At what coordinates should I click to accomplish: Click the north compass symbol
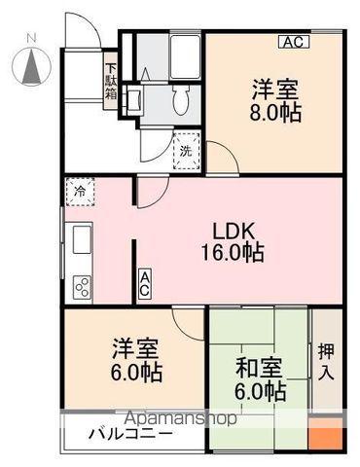click(x=31, y=66)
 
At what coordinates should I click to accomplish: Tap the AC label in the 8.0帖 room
click(x=295, y=42)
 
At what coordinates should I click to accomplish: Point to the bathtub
click(x=185, y=56)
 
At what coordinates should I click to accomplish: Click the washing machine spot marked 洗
click(x=186, y=151)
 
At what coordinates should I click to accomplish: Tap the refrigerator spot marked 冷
click(x=80, y=192)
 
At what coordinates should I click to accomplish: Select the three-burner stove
click(x=83, y=286)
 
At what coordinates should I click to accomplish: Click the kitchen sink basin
click(x=82, y=240)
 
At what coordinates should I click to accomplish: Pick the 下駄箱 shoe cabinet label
click(x=111, y=82)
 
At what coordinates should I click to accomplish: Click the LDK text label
click(x=233, y=232)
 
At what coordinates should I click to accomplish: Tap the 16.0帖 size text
click(x=233, y=253)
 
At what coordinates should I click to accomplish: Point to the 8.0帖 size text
click(x=275, y=113)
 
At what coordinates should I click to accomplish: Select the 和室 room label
click(x=259, y=368)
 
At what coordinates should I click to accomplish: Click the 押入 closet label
click(x=326, y=361)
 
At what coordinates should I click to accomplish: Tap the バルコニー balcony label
click(x=131, y=434)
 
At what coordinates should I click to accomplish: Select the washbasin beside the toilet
click(x=133, y=100)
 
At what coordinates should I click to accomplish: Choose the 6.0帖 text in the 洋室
click(x=136, y=373)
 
